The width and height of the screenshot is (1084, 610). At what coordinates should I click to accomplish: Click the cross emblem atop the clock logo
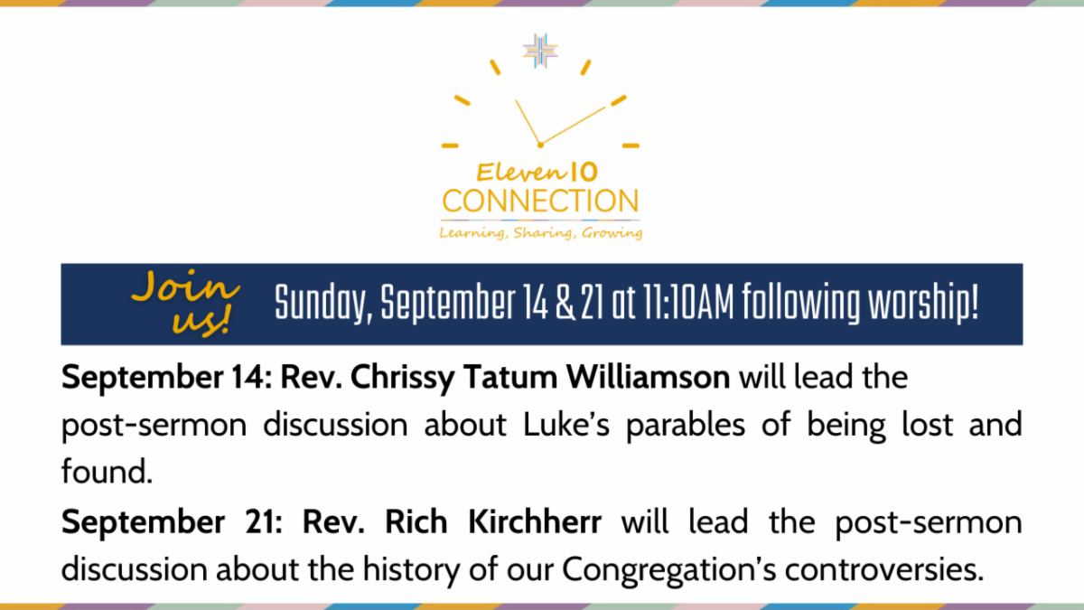pos(540,51)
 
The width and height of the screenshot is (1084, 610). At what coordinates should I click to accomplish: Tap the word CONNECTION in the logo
pos(540,201)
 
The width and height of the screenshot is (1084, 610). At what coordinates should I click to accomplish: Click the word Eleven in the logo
pos(520,173)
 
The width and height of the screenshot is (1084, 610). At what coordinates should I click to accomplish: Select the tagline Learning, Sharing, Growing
pos(540,233)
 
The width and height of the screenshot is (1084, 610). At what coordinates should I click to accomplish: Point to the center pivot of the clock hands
pos(540,145)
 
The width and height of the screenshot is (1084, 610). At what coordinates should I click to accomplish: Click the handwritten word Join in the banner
pos(186,286)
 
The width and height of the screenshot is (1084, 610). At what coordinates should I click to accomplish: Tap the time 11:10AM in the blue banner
pos(688,303)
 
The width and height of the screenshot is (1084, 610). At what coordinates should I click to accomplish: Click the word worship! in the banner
pos(923,303)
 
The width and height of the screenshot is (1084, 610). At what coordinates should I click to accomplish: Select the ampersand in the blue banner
pos(565,303)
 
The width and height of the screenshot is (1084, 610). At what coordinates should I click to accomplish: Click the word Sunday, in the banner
pos(323,303)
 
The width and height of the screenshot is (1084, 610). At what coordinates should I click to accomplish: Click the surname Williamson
pos(648,377)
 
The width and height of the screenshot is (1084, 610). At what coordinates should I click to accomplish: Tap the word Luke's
pos(566,424)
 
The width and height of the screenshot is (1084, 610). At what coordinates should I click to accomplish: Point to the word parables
pos(686,426)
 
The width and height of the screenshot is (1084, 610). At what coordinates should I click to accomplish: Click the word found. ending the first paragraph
pos(107,472)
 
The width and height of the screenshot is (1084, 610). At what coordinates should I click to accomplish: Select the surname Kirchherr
pos(535,522)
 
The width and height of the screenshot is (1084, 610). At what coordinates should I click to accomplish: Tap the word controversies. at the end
pos(884,569)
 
